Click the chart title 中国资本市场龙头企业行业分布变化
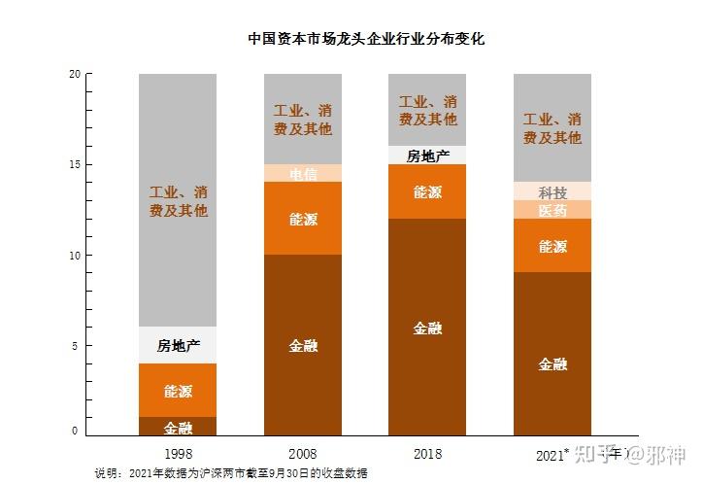coord(365,40)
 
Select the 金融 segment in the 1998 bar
coord(178,427)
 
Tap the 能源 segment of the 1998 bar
coord(178,391)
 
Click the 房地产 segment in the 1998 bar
coord(178,345)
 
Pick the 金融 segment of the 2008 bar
coord(303,345)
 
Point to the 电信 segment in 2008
coord(303,173)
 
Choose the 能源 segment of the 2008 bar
coord(303,219)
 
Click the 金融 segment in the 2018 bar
coord(427,328)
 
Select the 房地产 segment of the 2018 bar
coord(427,156)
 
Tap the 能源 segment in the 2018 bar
coord(427,191)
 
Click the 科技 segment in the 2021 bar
coord(552,191)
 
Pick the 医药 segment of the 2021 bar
coord(552,210)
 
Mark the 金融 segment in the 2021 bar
coord(552,363)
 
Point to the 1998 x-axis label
coord(178,453)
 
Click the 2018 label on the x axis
coord(427,453)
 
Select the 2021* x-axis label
coord(552,454)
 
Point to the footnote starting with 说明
coord(231,473)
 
